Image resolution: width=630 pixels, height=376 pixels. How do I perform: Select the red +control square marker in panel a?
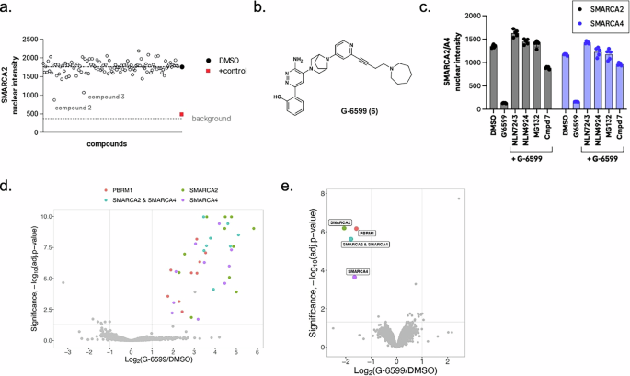pos(182,114)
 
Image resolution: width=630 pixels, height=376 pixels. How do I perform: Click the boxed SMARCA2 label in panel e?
pos(340,223)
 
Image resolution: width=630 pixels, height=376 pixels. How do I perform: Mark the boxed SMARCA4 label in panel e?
pos(360,271)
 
